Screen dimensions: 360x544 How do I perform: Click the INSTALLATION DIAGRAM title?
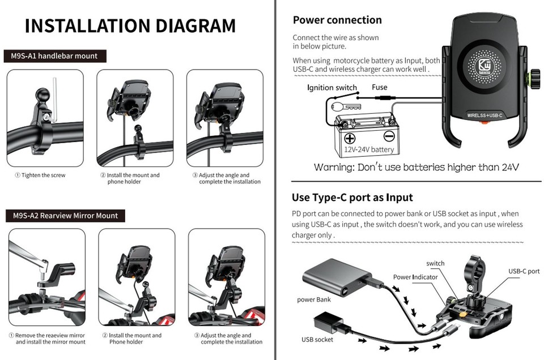point(130,26)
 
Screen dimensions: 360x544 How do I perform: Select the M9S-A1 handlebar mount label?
point(54,56)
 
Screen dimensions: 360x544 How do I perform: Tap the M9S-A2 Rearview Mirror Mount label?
point(65,216)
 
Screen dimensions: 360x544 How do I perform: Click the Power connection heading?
point(337,20)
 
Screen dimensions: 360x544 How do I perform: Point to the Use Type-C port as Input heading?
point(352,198)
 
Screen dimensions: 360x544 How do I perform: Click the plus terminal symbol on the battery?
point(350,138)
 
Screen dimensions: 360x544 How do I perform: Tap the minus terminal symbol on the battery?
point(389,136)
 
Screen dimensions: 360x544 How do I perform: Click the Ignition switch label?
point(332,88)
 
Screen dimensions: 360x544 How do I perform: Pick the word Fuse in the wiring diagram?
point(380,87)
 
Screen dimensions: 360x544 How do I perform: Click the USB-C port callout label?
point(524,271)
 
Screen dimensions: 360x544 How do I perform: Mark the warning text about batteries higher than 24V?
point(416,168)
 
